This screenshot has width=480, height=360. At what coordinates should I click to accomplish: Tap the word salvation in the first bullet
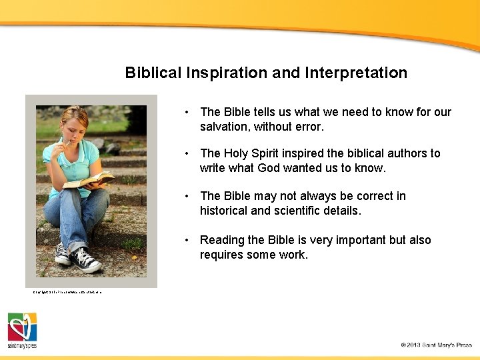(225, 127)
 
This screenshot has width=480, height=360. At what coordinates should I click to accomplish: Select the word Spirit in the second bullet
(270, 153)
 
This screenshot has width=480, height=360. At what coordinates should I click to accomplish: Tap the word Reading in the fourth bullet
(222, 240)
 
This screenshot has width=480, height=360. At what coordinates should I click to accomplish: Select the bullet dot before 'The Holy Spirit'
(189, 154)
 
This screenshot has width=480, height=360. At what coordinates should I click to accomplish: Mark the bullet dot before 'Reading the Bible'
(189, 241)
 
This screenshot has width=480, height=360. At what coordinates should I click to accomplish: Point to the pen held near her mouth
(64, 141)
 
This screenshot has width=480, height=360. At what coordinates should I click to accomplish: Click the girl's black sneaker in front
(86, 260)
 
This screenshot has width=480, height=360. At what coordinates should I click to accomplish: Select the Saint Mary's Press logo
(22, 330)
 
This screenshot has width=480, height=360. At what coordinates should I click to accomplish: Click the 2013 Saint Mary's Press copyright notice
(436, 345)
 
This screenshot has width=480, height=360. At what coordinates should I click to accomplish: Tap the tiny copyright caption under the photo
(67, 292)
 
